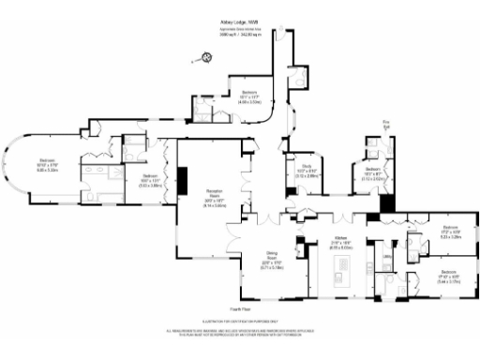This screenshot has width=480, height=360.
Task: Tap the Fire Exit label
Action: pos(384,122)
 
